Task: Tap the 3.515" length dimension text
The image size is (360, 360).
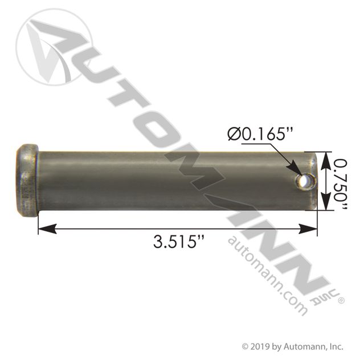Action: tap(178, 242)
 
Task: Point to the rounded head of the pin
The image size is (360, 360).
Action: tap(27, 181)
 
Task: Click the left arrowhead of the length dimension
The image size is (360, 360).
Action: tap(47, 229)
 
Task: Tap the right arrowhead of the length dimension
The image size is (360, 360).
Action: tap(308, 229)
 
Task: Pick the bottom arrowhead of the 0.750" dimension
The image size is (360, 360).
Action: tap(326, 201)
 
